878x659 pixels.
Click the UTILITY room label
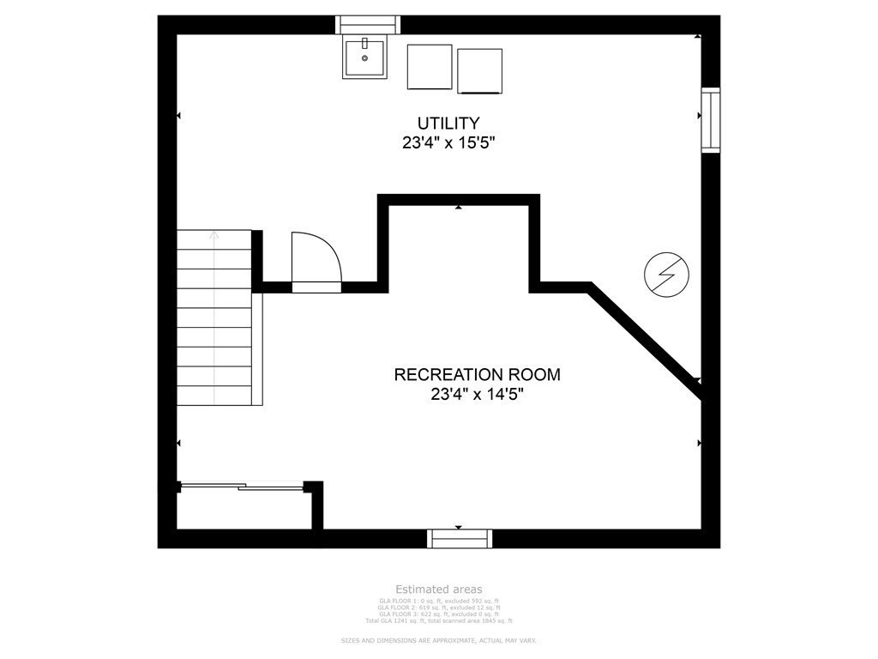448,123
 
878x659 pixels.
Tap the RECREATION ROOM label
477,374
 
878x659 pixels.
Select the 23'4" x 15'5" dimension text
448,142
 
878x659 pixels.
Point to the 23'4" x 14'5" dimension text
477,395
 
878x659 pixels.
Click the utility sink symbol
364,57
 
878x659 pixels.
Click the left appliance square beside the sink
430,67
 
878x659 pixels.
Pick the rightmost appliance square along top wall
480,70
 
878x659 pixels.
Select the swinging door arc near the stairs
316,258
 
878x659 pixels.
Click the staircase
215,317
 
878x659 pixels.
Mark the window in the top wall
368,24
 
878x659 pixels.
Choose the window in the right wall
711,120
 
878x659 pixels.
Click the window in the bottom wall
460,539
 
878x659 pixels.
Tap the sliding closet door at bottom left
242,487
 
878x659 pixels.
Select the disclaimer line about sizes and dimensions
438,641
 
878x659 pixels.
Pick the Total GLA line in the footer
438,620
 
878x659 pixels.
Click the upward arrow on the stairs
214,235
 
